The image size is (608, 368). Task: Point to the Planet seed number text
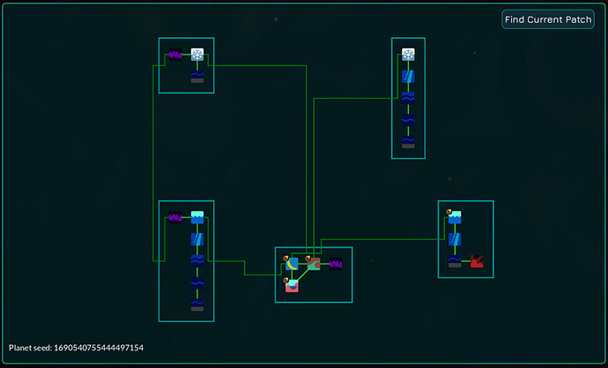pyautogui.click(x=76, y=348)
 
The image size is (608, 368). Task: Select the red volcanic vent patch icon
pyautogui.click(x=477, y=261)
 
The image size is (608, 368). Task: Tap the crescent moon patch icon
pyautogui.click(x=293, y=263)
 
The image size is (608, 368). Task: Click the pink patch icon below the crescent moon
pyautogui.click(x=292, y=284)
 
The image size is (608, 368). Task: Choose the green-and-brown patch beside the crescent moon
pyautogui.click(x=314, y=263)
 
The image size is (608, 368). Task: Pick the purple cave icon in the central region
pyautogui.click(x=335, y=263)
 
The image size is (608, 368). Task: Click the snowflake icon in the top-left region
pyautogui.click(x=197, y=55)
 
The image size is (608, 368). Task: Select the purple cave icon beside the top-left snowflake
pyautogui.click(x=175, y=55)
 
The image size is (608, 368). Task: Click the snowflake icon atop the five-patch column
pyautogui.click(x=408, y=55)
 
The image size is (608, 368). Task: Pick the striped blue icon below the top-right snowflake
pyautogui.click(x=408, y=77)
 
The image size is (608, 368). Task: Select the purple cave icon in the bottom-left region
pyautogui.click(x=175, y=217)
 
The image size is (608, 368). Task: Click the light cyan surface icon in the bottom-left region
pyautogui.click(x=197, y=217)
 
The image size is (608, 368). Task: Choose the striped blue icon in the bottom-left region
pyautogui.click(x=197, y=239)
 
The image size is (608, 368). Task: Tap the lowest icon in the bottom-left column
pyautogui.click(x=197, y=304)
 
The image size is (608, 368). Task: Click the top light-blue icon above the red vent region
pyautogui.click(x=455, y=217)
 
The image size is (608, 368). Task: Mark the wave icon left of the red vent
pyautogui.click(x=455, y=261)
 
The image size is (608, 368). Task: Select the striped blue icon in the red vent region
pyautogui.click(x=455, y=239)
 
